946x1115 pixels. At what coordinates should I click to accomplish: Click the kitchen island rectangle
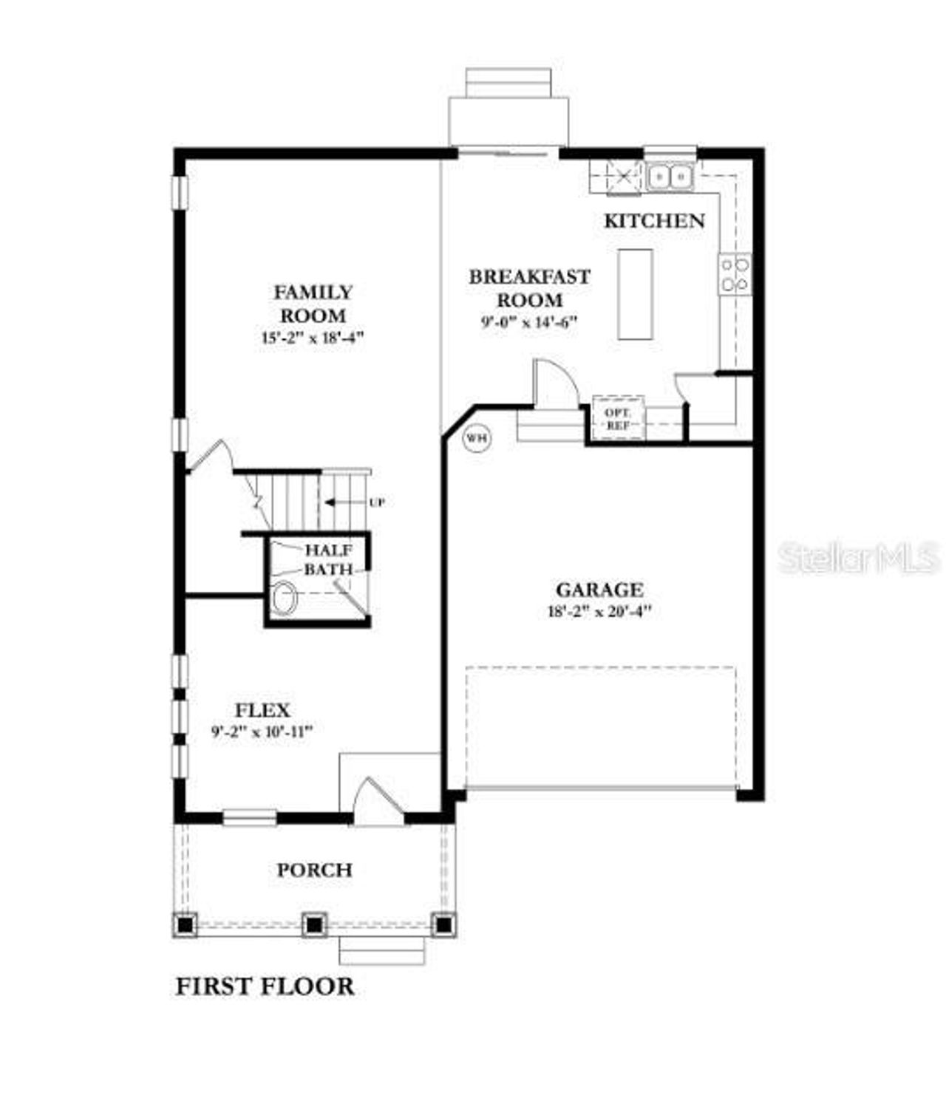[x=635, y=294]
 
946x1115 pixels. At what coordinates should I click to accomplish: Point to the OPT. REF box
[x=618, y=419]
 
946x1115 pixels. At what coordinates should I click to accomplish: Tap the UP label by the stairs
[x=377, y=502]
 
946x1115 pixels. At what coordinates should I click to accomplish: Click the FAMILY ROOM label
[x=313, y=304]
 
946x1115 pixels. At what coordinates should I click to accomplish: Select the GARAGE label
[x=599, y=590]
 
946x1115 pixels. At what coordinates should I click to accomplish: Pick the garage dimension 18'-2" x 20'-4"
[x=599, y=612]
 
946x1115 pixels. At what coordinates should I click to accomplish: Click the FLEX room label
[x=262, y=710]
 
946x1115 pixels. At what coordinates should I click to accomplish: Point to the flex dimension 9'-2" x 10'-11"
[x=262, y=732]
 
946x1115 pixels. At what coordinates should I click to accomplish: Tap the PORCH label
[x=314, y=870]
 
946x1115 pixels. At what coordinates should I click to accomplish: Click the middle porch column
[x=314, y=924]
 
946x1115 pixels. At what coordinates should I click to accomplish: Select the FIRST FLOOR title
[x=265, y=986]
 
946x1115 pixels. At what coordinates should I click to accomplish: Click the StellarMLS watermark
[x=859, y=558]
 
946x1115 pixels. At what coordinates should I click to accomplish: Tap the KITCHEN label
[x=654, y=220]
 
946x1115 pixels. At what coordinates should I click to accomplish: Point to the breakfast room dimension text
[x=529, y=321]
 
